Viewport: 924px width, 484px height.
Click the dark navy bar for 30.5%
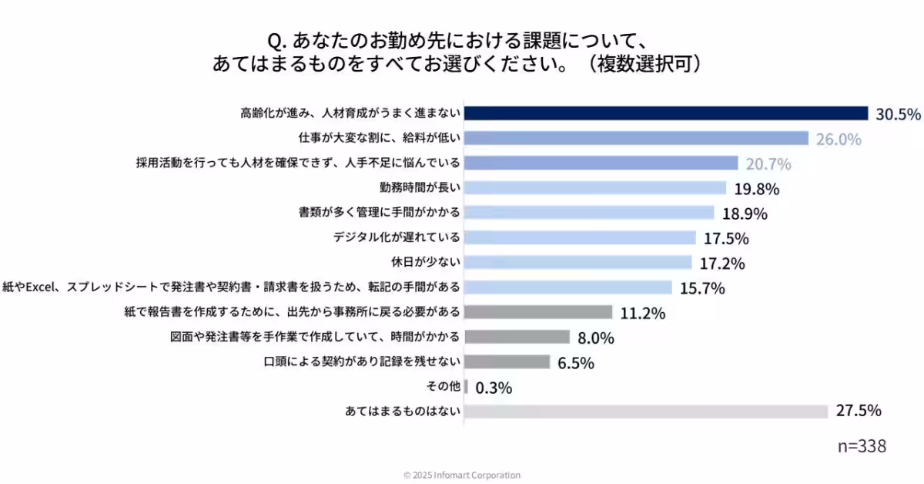(665, 113)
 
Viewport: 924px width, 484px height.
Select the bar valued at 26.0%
(636, 138)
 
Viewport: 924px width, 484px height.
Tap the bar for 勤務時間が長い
(594, 188)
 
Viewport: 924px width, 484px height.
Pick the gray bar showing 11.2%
(538, 312)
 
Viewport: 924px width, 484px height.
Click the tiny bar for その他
(466, 387)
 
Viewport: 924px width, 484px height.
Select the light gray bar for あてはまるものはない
(646, 412)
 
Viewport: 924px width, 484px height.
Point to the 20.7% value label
(768, 163)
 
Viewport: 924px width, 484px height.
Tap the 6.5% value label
(576, 363)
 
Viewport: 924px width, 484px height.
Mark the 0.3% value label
(494, 388)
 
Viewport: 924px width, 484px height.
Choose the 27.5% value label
(859, 411)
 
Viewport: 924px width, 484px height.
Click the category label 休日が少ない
(427, 262)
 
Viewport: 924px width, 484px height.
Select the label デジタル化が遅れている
(397, 237)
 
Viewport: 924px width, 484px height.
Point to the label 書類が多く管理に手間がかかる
(380, 212)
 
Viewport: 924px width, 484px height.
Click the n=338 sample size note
(862, 446)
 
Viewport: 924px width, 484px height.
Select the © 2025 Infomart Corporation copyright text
(462, 475)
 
